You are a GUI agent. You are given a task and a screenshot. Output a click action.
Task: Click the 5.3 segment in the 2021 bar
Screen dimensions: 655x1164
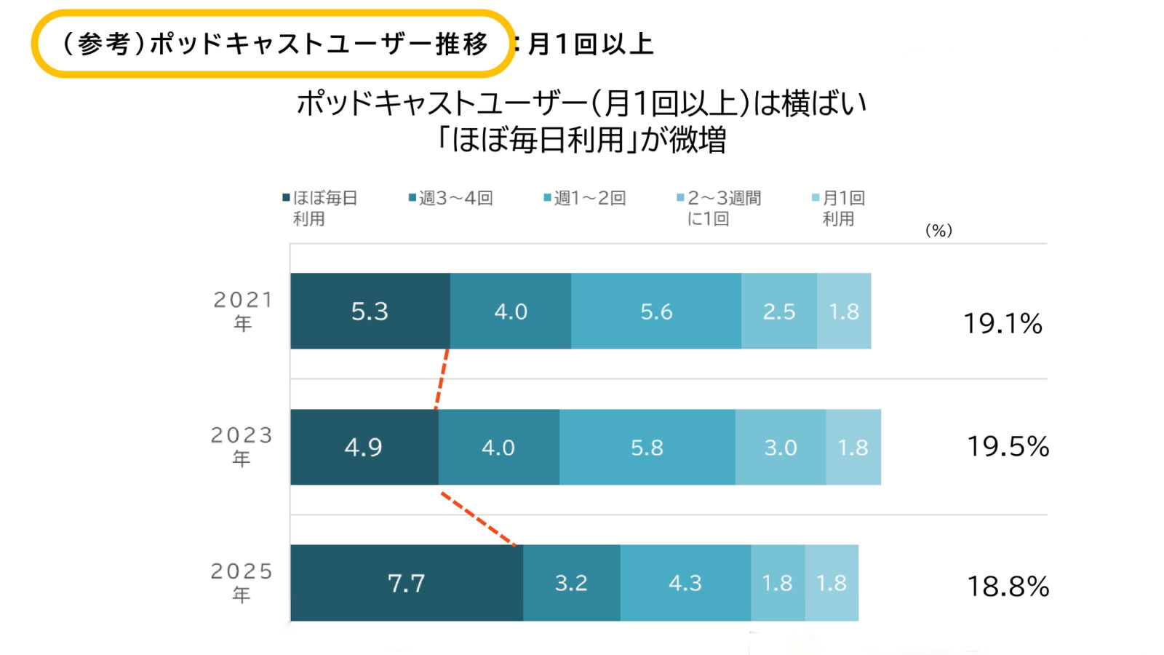[x=370, y=311]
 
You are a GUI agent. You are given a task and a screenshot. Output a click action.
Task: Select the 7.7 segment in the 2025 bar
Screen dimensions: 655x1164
[x=406, y=583]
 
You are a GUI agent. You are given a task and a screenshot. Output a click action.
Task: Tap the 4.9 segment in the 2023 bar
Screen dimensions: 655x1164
[x=364, y=447]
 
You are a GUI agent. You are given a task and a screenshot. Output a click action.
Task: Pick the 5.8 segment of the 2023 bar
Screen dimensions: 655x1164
[x=647, y=447]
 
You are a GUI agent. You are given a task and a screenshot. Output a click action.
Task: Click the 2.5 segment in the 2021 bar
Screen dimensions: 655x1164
[x=778, y=311]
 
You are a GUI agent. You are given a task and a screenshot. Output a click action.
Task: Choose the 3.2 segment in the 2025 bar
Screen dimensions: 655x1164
[x=571, y=583]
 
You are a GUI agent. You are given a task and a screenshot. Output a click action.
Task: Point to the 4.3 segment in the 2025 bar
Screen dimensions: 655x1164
[x=685, y=583]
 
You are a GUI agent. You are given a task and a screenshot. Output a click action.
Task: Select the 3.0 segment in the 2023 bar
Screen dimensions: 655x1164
[x=780, y=447]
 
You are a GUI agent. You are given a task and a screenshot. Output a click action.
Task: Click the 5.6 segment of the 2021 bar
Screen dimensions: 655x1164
[x=656, y=311]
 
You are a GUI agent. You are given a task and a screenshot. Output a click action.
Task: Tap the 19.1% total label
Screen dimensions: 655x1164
[x=1002, y=323]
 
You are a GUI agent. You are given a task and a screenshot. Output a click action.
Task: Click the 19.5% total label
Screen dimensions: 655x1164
[x=1008, y=446]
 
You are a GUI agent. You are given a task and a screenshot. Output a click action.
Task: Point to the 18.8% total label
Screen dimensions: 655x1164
[x=1008, y=586]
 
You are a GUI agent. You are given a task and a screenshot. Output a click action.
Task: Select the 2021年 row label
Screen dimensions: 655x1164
[x=242, y=311]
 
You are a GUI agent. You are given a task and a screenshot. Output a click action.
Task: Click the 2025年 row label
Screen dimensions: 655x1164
[x=242, y=582]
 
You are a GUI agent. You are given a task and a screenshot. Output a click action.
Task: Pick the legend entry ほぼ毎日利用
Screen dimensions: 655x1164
[x=320, y=208]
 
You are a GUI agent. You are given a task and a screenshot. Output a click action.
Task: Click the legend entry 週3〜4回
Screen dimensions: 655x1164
[x=451, y=198]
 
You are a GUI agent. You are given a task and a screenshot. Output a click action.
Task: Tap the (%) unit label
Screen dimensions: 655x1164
[x=938, y=231]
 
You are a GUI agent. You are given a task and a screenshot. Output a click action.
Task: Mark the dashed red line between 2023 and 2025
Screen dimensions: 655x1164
[x=478, y=519]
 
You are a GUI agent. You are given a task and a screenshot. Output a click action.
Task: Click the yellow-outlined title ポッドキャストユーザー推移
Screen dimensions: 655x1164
[x=274, y=44]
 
